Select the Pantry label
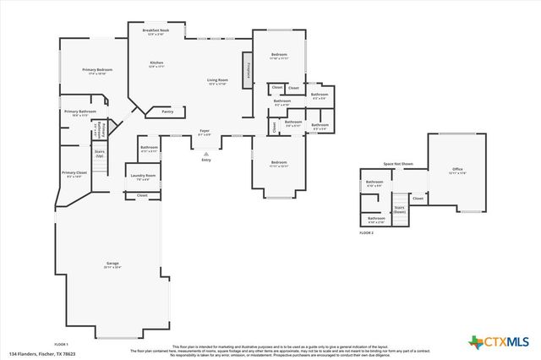[167, 111]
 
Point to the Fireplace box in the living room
[249, 73]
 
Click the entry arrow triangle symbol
[205, 154]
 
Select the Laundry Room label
[144, 177]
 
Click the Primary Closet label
[74, 174]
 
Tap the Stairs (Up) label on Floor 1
[100, 155]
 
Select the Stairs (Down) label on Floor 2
[400, 209]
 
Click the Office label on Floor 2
[456, 170]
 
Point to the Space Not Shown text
[397, 163]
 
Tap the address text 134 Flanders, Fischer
[41, 353]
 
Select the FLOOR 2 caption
[366, 232]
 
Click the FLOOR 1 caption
[61, 344]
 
